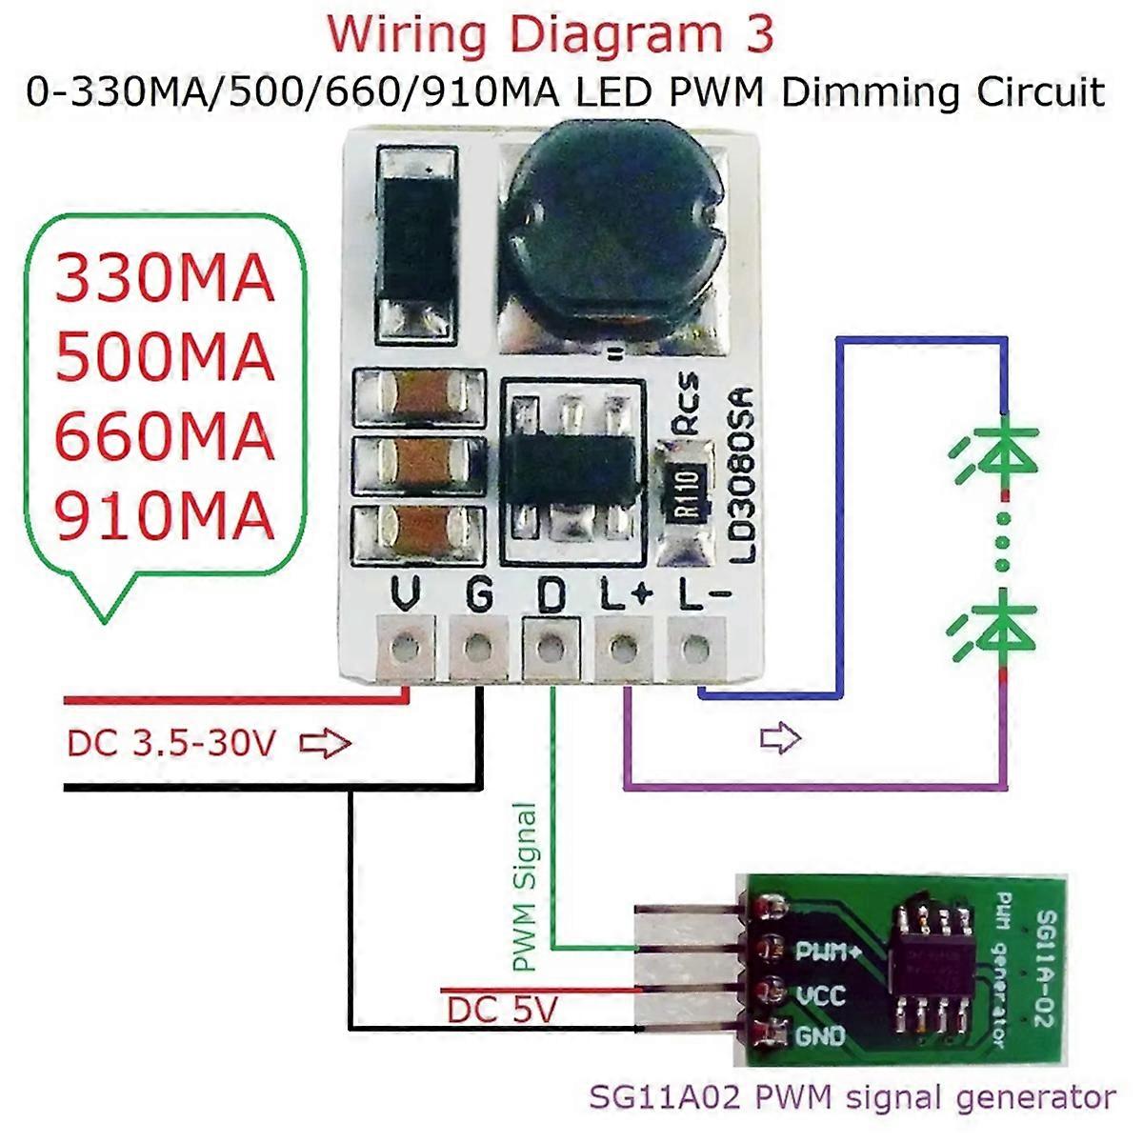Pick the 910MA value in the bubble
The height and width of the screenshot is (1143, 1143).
click(165, 516)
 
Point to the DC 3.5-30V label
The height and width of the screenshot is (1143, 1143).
click(171, 743)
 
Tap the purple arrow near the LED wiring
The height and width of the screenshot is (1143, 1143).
click(781, 737)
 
